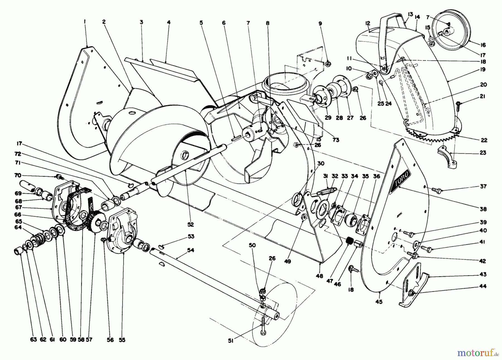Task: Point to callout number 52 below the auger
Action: [191, 224]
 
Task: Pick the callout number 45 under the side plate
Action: [379, 301]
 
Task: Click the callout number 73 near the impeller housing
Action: [336, 140]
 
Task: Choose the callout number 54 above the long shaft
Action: [190, 250]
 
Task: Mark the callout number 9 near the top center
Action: [320, 24]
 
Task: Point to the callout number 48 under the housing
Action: [320, 276]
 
